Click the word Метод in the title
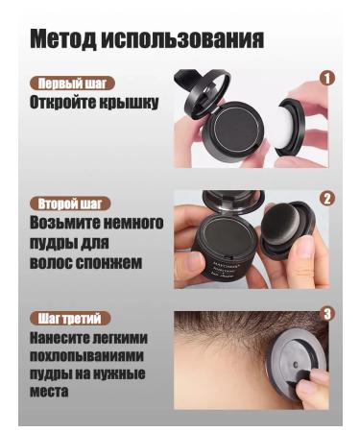click(65, 41)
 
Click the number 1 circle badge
click(327, 79)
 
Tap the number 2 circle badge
click(326, 200)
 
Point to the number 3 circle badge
click(326, 314)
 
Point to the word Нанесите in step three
click(66, 337)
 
